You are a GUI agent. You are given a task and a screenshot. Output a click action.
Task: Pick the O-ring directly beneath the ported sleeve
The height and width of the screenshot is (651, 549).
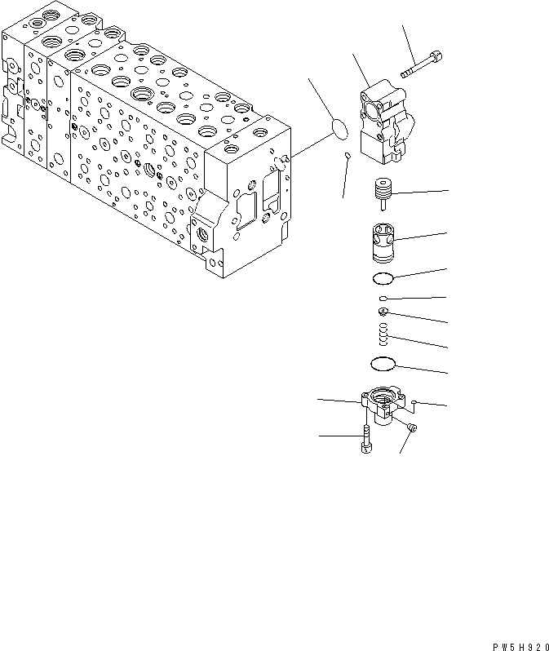(382, 279)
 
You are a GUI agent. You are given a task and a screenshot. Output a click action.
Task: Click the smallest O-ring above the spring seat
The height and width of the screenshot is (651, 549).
(383, 299)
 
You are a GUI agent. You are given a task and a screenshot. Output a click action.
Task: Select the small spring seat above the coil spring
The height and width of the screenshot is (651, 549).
(383, 312)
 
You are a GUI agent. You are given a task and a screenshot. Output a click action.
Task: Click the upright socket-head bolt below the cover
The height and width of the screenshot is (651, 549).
(365, 441)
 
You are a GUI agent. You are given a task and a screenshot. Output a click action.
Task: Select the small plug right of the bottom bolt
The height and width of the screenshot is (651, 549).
(411, 428)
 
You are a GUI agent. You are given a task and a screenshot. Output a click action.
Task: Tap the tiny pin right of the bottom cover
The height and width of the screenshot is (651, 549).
(415, 401)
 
